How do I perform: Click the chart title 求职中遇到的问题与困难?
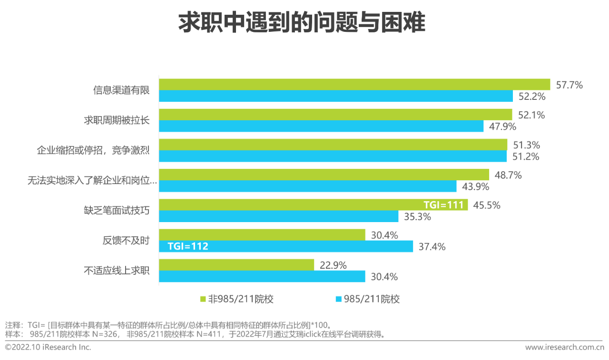click(302, 23)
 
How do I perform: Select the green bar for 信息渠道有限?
click(354, 85)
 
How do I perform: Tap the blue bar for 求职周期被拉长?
click(321, 126)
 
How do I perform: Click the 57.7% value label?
click(569, 85)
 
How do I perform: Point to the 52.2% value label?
click(531, 97)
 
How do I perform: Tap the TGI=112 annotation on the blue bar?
click(188, 246)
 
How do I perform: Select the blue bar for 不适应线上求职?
click(262, 276)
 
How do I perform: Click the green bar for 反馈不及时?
click(262, 235)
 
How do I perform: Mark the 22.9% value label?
click(333, 265)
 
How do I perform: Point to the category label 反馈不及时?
click(126, 240)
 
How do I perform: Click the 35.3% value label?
click(417, 217)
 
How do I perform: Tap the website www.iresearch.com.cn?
click(564, 347)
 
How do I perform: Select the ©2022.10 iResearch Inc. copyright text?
click(48, 347)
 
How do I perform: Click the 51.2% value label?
click(526, 156)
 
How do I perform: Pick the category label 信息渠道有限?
click(121, 90)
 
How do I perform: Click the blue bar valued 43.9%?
click(307, 186)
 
